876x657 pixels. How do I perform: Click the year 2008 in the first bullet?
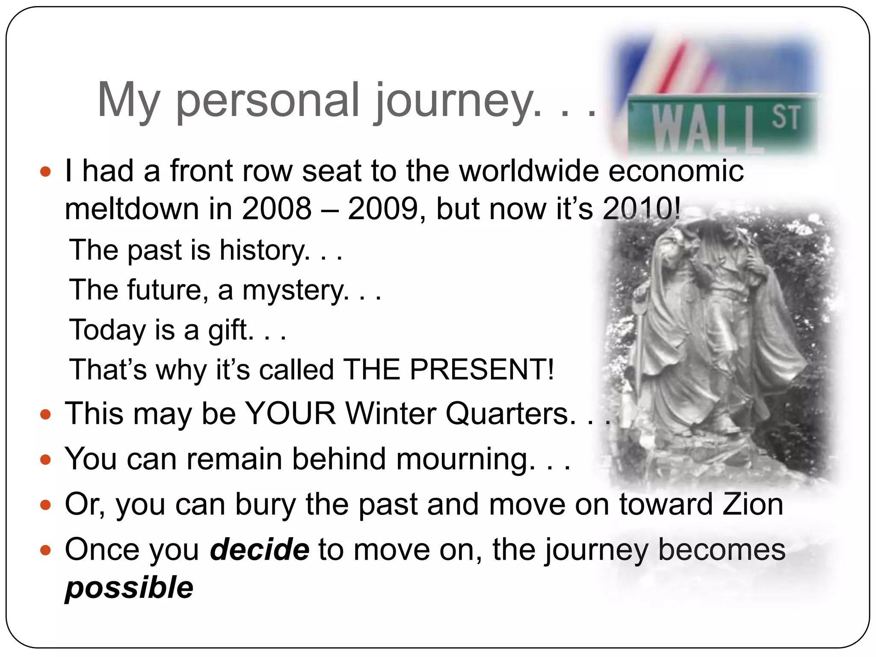[277, 209]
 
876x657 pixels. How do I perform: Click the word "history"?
[264, 250]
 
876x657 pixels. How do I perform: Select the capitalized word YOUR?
[291, 414]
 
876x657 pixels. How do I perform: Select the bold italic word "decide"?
[260, 549]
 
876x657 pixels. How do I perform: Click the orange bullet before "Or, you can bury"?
[45, 506]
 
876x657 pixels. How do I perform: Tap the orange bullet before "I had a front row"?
[45, 172]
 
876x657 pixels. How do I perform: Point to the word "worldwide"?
[529, 171]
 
